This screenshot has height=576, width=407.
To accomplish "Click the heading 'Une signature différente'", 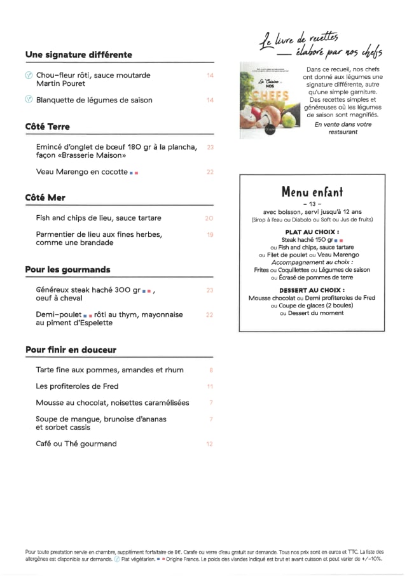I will pyautogui.click(x=79, y=55).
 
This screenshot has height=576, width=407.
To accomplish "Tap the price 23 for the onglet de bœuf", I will pyautogui.click(x=210, y=147).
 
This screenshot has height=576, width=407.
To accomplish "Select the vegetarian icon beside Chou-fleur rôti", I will pyautogui.click(x=28, y=75).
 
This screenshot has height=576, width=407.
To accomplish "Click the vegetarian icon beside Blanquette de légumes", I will pyautogui.click(x=28, y=100).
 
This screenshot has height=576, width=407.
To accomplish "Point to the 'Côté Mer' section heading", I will pyautogui.click(x=45, y=198).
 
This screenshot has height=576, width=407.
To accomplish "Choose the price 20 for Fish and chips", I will pyautogui.click(x=209, y=218).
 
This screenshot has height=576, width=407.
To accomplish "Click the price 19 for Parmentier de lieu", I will pyautogui.click(x=210, y=235).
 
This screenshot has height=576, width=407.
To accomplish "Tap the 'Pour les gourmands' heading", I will pyautogui.click(x=68, y=270).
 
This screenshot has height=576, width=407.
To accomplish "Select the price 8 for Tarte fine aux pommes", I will pyautogui.click(x=210, y=370).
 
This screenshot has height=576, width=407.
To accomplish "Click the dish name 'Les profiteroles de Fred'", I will pyautogui.click(x=78, y=386).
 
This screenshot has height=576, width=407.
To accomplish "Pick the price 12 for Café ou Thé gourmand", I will pyautogui.click(x=210, y=444).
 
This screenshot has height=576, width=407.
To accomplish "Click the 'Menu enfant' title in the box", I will pyautogui.click(x=312, y=192).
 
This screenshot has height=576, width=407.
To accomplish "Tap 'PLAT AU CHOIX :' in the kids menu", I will pyautogui.click(x=312, y=232).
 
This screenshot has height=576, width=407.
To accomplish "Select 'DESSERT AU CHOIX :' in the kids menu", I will pyautogui.click(x=312, y=290).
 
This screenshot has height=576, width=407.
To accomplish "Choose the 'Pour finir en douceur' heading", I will pyautogui.click(x=71, y=350).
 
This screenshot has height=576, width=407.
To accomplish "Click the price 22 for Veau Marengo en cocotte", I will pyautogui.click(x=210, y=172).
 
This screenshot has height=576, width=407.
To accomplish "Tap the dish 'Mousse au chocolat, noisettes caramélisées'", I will pyautogui.click(x=113, y=403).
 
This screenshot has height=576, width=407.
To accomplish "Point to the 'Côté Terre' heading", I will pyautogui.click(x=48, y=127).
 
